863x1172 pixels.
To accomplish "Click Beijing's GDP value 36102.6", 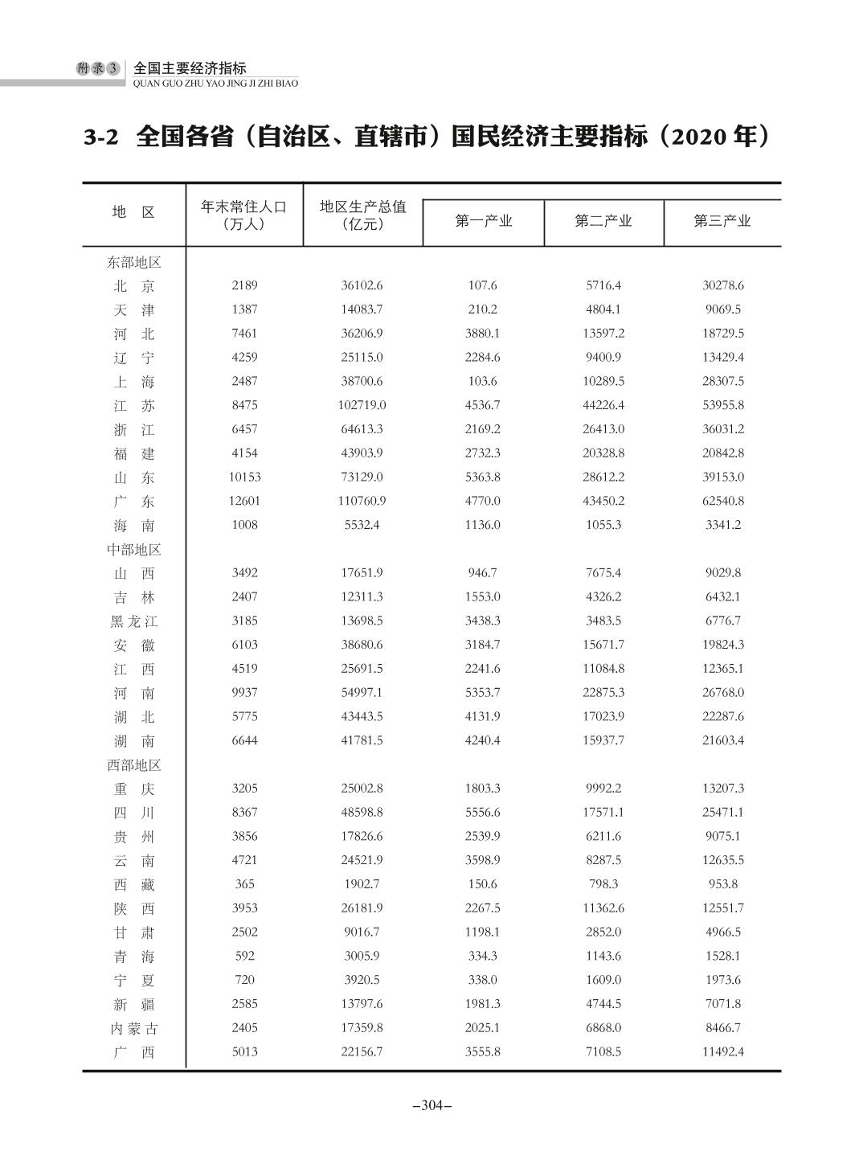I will tap(362, 285).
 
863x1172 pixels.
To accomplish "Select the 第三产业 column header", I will tap(722, 221).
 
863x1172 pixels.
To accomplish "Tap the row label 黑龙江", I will tap(134, 621).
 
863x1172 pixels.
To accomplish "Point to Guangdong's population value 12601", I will tap(244, 501).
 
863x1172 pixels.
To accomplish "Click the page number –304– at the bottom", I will tap(431, 1105).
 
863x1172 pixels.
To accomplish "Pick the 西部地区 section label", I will tap(134, 765).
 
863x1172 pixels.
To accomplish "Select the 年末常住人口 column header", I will tap(243, 215).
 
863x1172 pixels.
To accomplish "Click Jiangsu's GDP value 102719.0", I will tap(362, 405).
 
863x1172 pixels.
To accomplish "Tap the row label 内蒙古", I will tap(134, 1029).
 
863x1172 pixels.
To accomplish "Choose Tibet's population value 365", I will tap(244, 884).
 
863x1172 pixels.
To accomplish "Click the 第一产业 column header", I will tap(483, 221).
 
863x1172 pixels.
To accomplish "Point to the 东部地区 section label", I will tap(134, 262).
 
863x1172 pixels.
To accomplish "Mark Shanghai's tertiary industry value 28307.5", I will tap(722, 381).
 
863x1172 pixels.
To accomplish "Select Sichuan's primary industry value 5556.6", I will tap(482, 813).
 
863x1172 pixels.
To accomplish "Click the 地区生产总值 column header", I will tap(362, 215).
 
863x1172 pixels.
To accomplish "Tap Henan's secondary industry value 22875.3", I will tap(603, 693).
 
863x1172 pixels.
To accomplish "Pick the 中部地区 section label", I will tap(134, 550).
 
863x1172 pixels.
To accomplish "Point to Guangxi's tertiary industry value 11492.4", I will tap(722, 1052).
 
